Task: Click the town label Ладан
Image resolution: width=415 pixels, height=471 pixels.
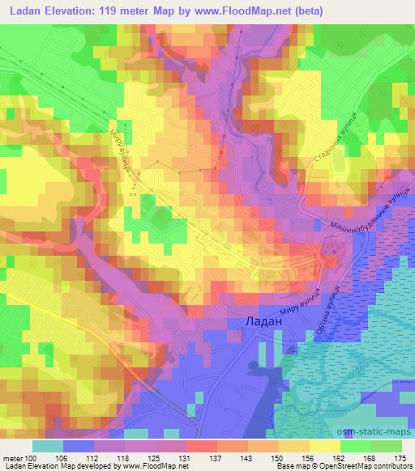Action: pos(263,322)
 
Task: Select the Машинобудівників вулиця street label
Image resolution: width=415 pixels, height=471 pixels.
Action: pos(364,216)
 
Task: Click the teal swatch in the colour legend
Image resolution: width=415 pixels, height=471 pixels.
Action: pos(48,445)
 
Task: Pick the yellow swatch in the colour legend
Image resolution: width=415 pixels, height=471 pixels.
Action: pos(325,445)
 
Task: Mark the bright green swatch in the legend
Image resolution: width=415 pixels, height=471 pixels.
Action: pos(356,445)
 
